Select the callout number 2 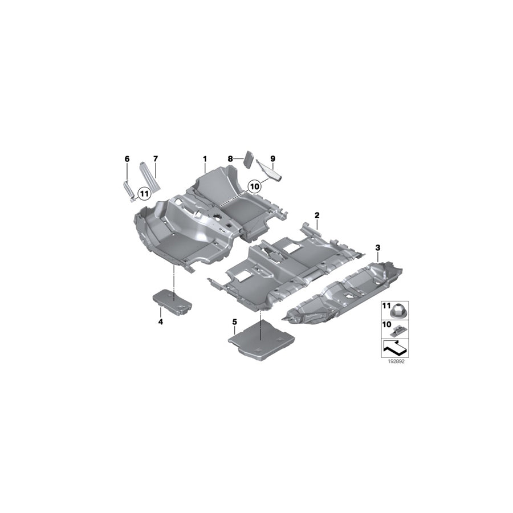click(317, 215)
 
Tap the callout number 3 click(377, 247)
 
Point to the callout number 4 click(161, 322)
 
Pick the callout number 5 click(234, 322)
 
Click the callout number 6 click(127, 158)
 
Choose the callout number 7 click(155, 158)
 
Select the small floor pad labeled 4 click(172, 300)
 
